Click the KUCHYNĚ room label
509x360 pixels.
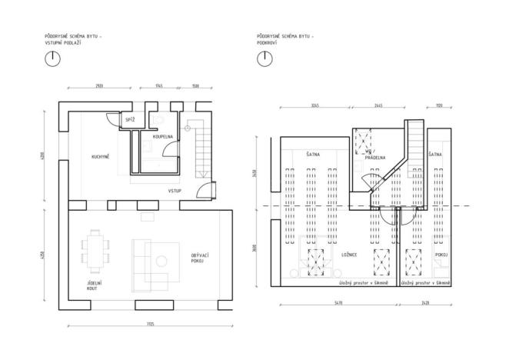(100, 157)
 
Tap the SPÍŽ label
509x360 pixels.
(130, 120)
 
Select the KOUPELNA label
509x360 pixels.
(163, 136)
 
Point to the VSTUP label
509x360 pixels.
(175, 189)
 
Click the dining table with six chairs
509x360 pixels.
(96, 252)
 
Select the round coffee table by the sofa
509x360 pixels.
(163, 261)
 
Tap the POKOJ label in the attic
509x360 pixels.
(441, 254)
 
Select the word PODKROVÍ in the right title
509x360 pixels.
(267, 43)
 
